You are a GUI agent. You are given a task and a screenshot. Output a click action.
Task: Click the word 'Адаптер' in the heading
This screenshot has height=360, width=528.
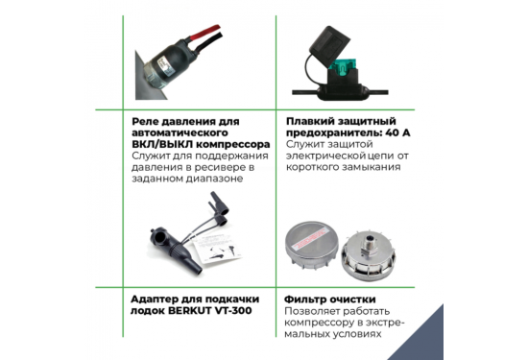coord(156,298)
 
